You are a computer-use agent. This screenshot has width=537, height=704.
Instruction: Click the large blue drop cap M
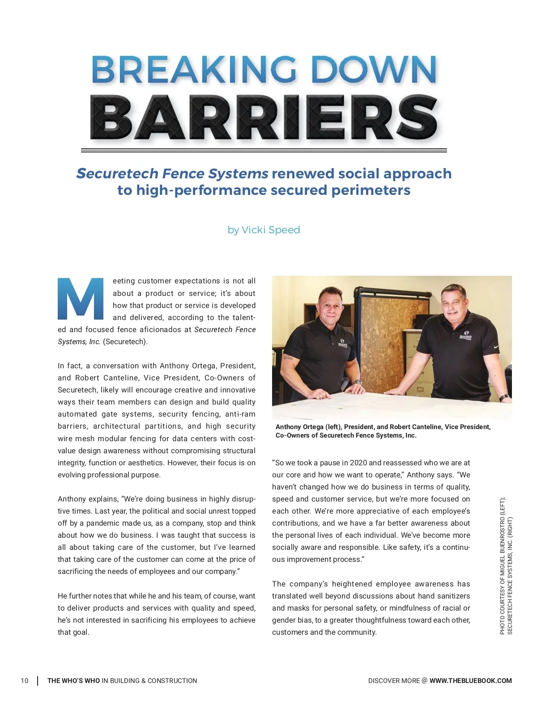(81, 299)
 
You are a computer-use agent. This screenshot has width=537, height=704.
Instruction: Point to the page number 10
(24, 681)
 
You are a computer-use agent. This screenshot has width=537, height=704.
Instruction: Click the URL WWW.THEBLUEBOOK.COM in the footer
(470, 681)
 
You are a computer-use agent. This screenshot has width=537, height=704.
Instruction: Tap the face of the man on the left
(330, 308)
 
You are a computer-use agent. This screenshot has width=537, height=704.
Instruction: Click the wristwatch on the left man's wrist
(357, 383)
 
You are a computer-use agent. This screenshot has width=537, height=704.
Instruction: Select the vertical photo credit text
(506, 565)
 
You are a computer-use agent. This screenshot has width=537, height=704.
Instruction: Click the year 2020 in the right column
(358, 463)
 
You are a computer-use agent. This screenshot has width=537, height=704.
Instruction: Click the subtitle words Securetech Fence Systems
(172, 173)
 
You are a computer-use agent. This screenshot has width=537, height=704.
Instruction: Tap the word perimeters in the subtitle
(371, 190)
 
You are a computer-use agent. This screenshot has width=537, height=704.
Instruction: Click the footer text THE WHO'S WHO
(74, 681)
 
